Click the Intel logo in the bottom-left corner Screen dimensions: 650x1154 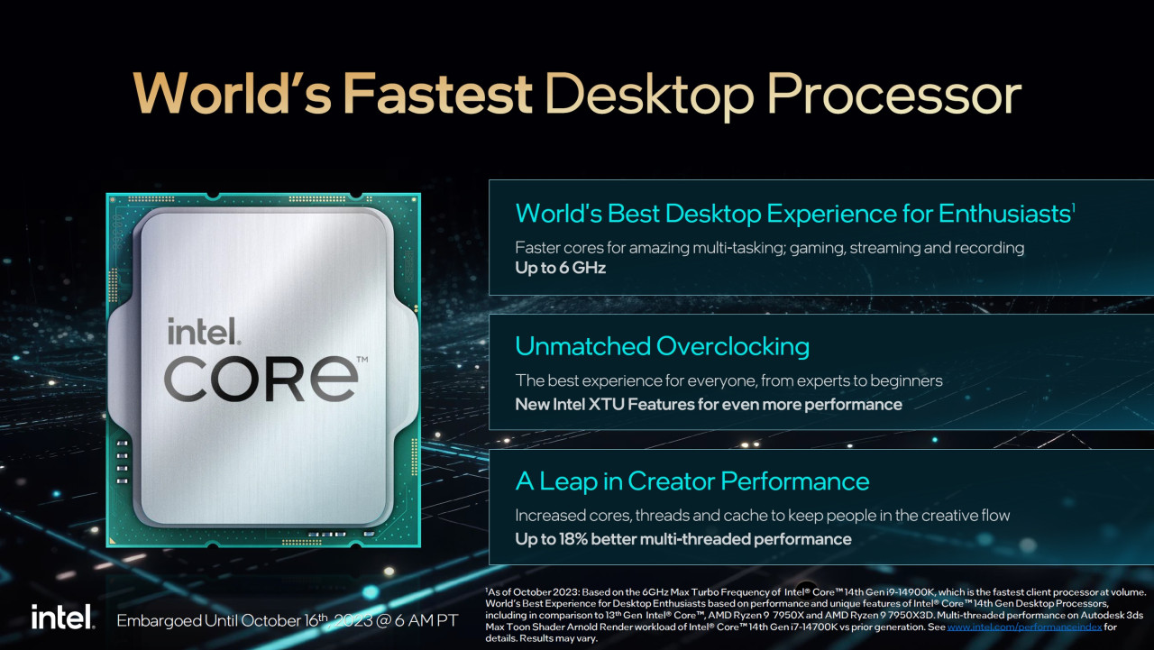pyautogui.click(x=62, y=618)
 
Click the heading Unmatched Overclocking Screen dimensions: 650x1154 pyautogui.click(x=662, y=346)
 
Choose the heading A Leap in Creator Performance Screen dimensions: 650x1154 pyautogui.click(x=691, y=481)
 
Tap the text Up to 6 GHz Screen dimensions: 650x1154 pyautogui.click(x=560, y=268)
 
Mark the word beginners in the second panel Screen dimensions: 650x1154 pyautogui.click(x=904, y=380)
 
